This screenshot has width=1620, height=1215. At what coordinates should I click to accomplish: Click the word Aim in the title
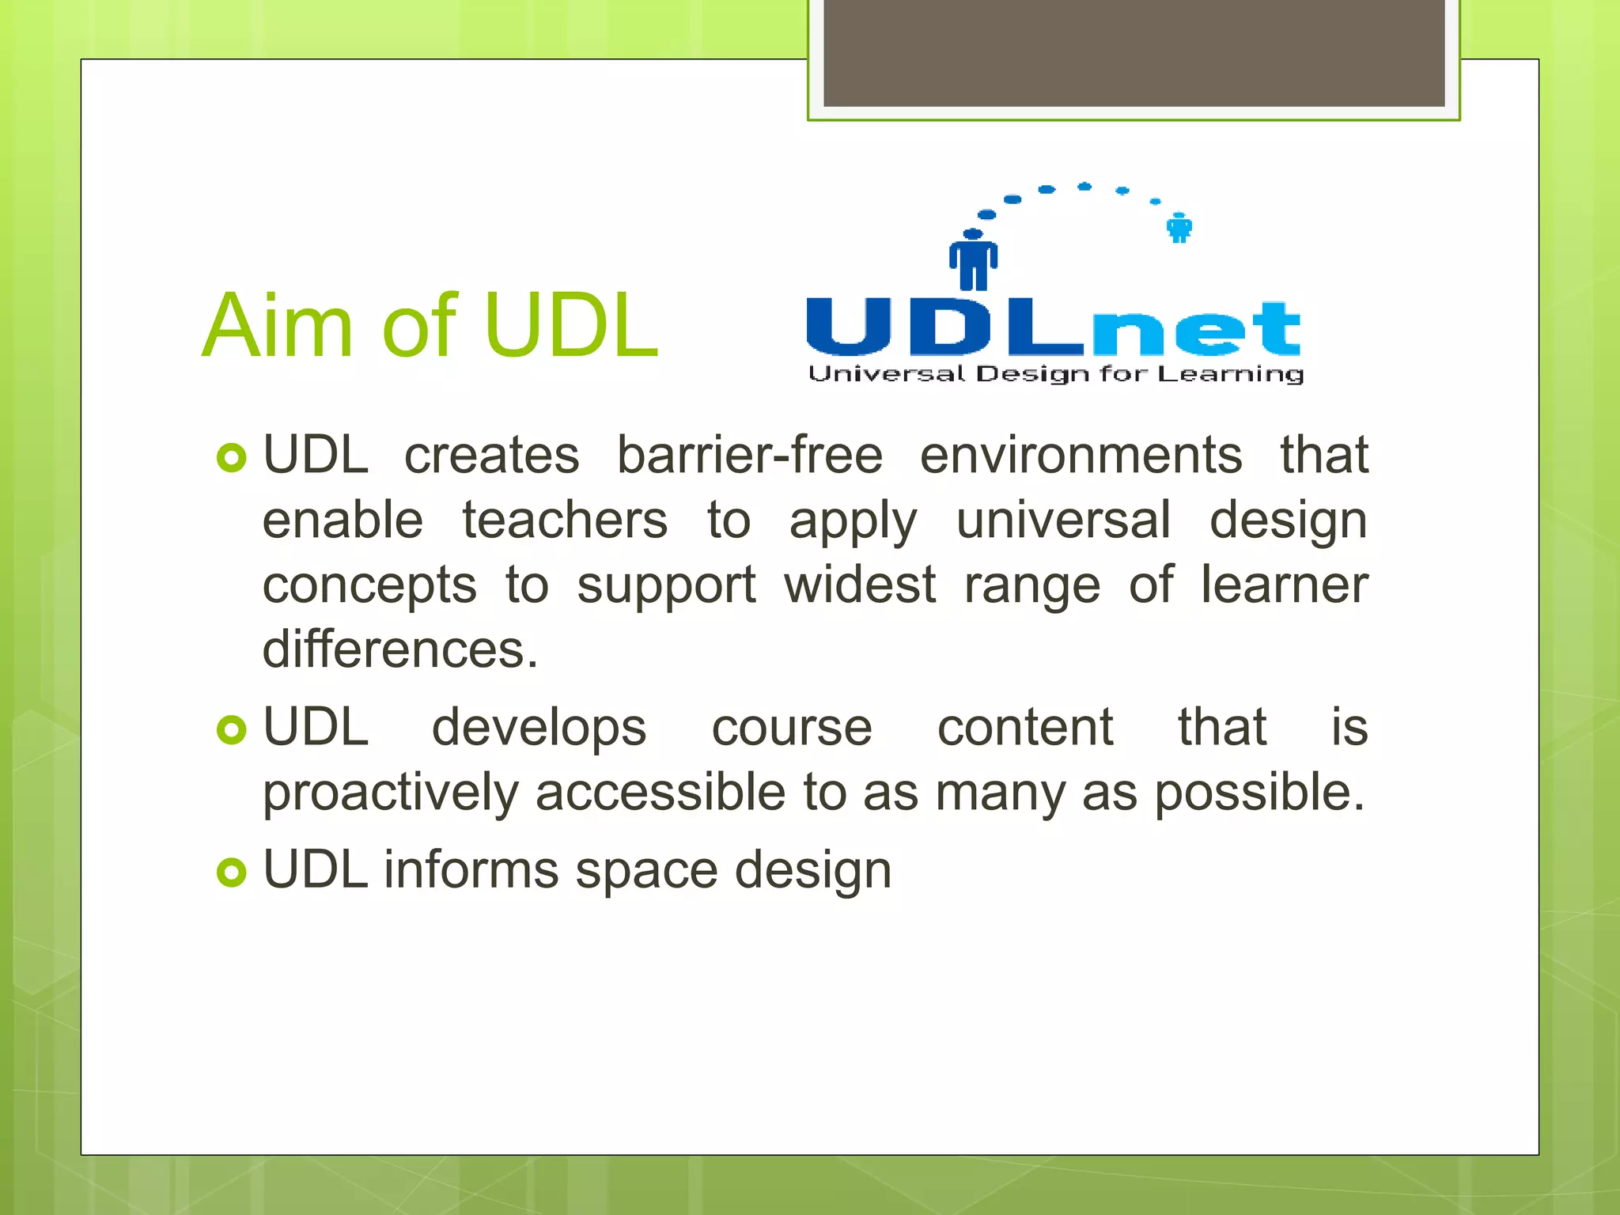pos(276,326)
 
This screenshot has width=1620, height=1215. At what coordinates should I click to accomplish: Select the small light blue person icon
pos(1179,228)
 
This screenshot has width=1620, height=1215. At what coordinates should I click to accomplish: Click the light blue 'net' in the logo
pos(1196,328)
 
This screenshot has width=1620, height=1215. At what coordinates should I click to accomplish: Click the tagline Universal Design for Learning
pos(1055,374)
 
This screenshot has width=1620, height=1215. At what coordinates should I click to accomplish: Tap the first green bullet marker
pos(231,458)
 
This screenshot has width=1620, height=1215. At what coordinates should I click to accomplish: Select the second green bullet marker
pos(231,729)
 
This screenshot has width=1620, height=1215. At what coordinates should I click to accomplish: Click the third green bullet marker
pos(231,872)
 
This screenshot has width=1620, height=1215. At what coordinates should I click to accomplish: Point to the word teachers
pos(565,520)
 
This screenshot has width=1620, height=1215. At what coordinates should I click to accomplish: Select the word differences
pos(399,649)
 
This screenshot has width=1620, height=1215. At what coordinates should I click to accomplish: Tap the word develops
pos(539,728)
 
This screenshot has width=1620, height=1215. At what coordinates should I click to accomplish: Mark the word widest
pos(860,585)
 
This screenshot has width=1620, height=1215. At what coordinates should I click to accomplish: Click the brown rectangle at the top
pos(1134,52)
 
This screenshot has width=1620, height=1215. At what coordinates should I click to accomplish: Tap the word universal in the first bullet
pos(1062,520)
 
